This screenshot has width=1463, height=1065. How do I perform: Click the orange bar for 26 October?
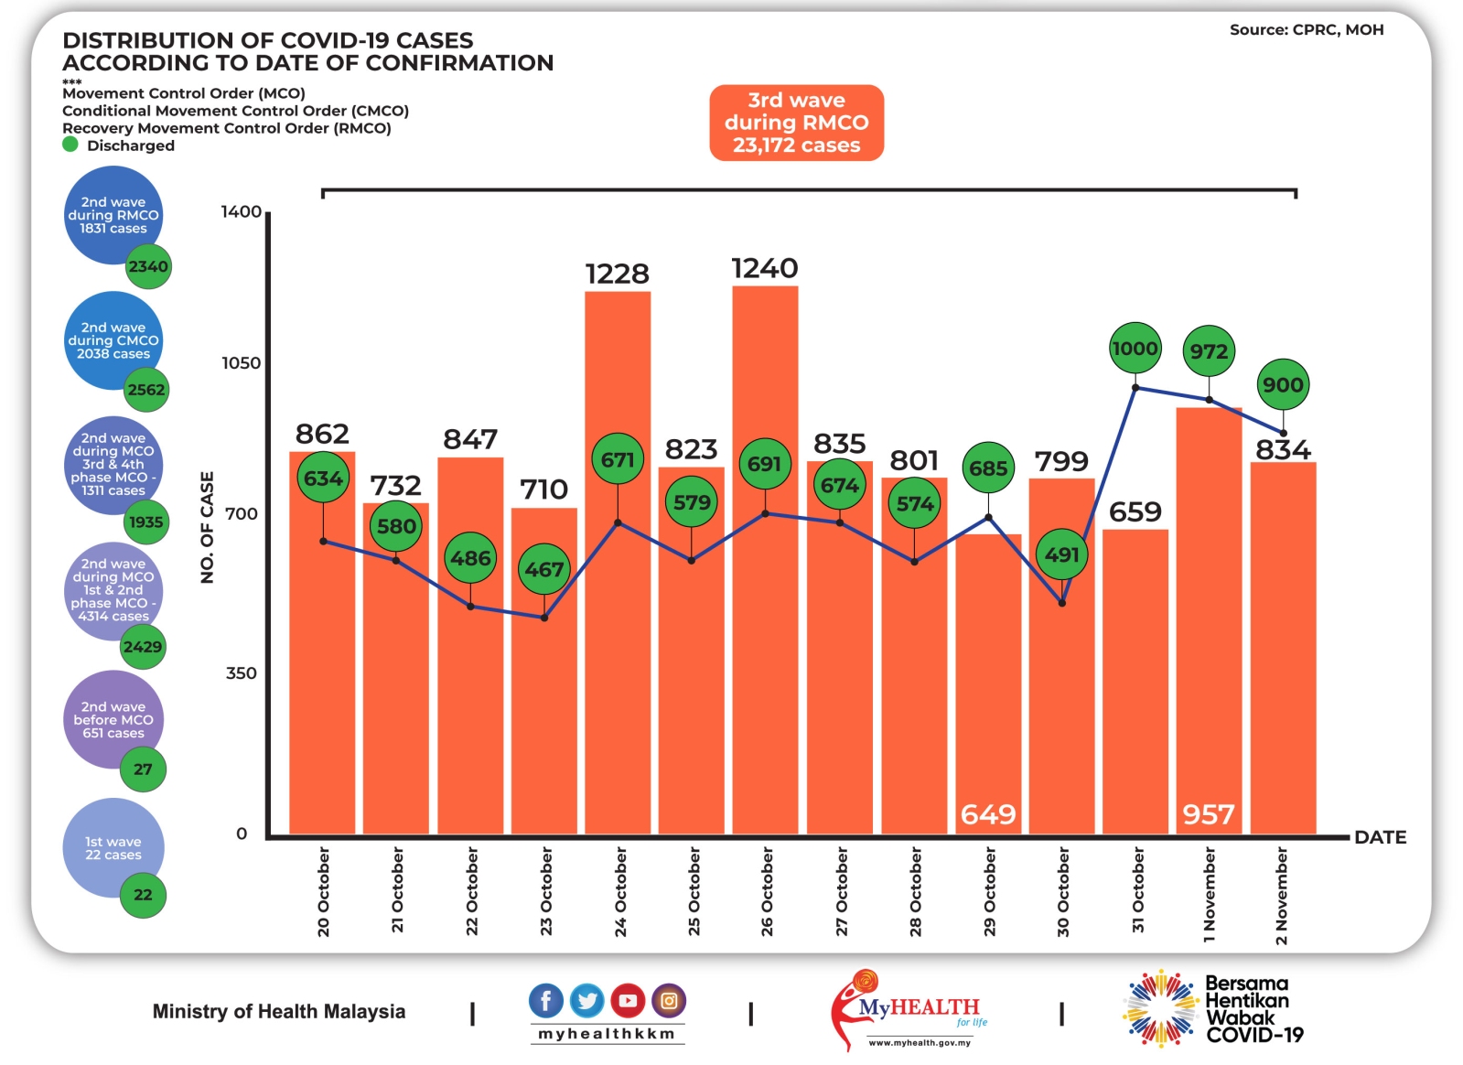[x=765, y=640]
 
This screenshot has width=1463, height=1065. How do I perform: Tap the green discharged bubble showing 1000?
[x=1135, y=349]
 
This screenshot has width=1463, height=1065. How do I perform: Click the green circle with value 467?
[x=544, y=569]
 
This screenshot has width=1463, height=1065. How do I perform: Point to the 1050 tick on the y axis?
[x=242, y=363]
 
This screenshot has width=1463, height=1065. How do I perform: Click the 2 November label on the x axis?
[x=1281, y=895]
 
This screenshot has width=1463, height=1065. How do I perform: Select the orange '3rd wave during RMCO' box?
[x=796, y=123]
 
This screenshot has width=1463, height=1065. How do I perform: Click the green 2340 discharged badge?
[x=148, y=266]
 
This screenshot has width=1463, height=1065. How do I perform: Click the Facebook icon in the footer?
[x=546, y=1000]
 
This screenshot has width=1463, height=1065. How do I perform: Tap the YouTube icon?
[x=628, y=1000]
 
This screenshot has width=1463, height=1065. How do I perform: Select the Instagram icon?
[x=669, y=1000]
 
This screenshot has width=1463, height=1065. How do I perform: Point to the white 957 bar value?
[x=1208, y=814]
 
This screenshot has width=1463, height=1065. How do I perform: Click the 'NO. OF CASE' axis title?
[x=207, y=527]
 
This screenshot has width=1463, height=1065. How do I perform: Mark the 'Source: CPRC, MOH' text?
[x=1306, y=30]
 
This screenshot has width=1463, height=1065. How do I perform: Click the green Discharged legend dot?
[x=70, y=145]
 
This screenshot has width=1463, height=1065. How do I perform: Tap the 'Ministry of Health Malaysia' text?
[x=279, y=1011]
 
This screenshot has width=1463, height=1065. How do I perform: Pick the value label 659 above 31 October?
[x=1135, y=511]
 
